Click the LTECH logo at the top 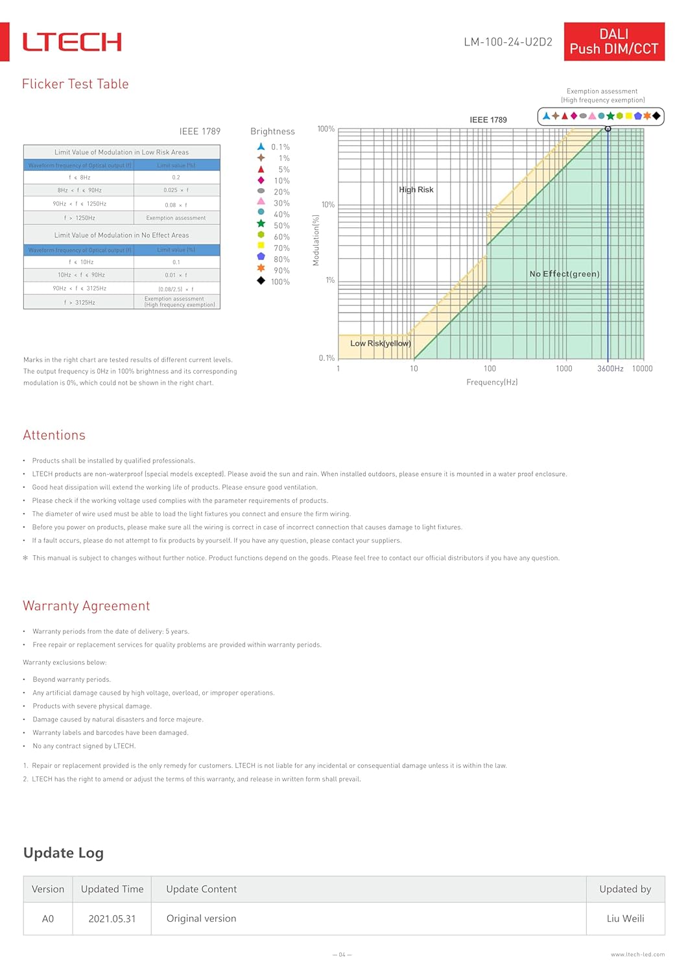[72, 42]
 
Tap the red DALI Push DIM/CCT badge [613, 42]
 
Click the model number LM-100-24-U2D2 [508, 42]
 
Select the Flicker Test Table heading [75, 84]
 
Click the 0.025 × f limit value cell [176, 190]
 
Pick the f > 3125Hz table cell [79, 302]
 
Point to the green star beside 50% [261, 224]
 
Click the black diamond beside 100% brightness [261, 281]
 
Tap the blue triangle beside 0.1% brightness [261, 147]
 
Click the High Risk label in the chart [416, 189]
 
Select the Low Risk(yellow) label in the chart [380, 343]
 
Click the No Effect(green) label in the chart [564, 274]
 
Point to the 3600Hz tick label [610, 368]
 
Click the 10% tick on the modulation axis [327, 205]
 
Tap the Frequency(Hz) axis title [492, 382]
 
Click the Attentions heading [54, 435]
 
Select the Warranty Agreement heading [86, 606]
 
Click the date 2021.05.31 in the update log [112, 919]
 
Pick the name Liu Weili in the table [625, 919]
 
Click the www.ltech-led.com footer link [637, 954]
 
